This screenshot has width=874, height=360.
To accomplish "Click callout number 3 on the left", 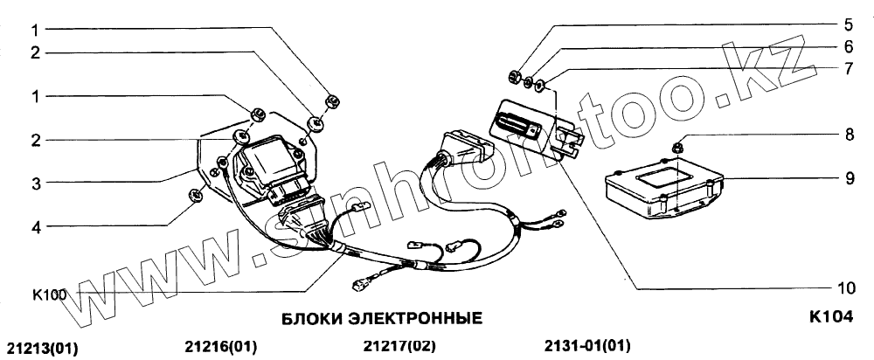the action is pos(36,183).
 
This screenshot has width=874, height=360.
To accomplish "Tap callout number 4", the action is pos(36,226).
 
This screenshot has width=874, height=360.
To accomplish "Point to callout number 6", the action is pos(848,46).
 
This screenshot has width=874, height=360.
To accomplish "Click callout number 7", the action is pos(848,68).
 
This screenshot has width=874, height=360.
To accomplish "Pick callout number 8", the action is pos(849,135).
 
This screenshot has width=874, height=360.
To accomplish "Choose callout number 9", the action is pos(849,179).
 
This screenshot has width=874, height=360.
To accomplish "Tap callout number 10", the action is pos(845,288).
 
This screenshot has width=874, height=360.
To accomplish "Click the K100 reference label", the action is pos(49,294).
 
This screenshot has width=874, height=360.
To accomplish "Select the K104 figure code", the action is pos(831,317).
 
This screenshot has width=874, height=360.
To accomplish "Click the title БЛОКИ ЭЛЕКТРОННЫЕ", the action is pos(381,319).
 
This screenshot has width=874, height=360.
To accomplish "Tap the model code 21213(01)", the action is pos(42,349).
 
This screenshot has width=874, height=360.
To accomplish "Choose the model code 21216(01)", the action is pos(220,347).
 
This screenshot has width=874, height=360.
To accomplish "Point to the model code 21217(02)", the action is pos(399,347).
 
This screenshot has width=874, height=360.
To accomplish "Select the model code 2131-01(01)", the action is pos(587,346).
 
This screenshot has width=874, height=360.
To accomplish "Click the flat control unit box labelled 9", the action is pos(663,189).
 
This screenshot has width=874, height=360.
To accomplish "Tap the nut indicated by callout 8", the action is pos(678,148).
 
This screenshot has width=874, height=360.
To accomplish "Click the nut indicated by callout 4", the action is pos(195,195).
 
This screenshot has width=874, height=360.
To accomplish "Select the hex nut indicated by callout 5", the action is pos(515,75).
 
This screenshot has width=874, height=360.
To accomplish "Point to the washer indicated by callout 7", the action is pos(539,86).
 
